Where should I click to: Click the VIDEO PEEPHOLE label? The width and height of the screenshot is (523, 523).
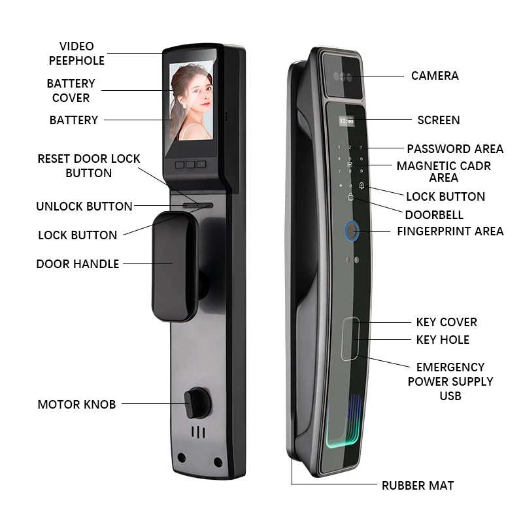pos(76,54)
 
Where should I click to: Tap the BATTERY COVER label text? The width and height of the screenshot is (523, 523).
pos(71,91)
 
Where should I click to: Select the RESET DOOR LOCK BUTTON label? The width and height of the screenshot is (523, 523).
pos(89,166)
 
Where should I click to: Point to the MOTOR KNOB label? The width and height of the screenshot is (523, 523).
pos(76,404)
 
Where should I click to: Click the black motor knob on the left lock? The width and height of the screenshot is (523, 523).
pos(194,401)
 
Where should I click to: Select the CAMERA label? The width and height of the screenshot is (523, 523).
pos(435,76)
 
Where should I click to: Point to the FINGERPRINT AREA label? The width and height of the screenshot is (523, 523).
pos(450,231)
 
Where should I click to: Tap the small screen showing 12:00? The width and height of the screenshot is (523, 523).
pos(346,121)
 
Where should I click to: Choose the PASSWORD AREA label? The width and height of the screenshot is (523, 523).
pos(455,149)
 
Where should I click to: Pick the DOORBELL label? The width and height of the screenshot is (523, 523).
pos(434,214)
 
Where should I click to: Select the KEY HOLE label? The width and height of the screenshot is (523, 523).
pos(443,339)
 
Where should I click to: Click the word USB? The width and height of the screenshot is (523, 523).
pos(450,396)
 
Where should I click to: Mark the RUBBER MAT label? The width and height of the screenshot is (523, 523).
pos(417,485)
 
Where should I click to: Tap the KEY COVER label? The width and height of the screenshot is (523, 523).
pos(447,322)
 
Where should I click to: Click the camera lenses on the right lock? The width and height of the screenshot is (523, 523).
pos(343,76)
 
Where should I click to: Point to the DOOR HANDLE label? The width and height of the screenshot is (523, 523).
pos(78,264)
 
